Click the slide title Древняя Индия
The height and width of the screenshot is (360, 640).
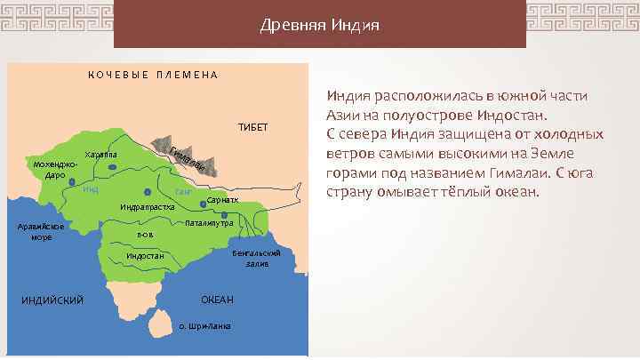pyautogui.click(x=320, y=24)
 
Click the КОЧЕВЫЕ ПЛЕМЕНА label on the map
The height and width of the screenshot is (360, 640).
pyautogui.click(x=153, y=75)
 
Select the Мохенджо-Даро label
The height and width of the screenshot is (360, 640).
pyautogui.click(x=55, y=170)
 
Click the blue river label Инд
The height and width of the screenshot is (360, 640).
pyautogui.click(x=90, y=189)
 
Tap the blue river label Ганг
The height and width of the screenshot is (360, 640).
pyautogui.click(x=184, y=192)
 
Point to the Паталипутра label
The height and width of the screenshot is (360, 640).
pyautogui.click(x=209, y=222)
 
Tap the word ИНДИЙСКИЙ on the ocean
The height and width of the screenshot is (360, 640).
pyautogui.click(x=52, y=299)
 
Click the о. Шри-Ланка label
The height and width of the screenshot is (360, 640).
pyautogui.click(x=204, y=326)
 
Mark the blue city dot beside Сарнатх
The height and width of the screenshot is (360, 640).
pyautogui.click(x=204, y=203)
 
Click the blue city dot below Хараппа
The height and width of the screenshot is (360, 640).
pyautogui.click(x=112, y=166)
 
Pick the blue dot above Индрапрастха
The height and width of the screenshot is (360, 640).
pyautogui.click(x=147, y=192)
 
